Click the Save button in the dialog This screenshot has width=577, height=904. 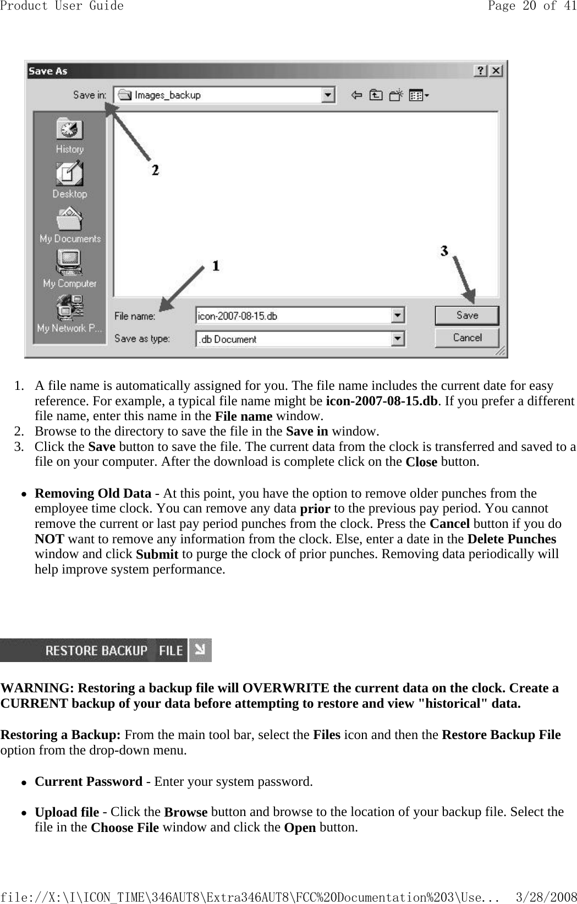466,316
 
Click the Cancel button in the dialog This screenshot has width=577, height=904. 466,338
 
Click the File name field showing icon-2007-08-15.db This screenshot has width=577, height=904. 293,316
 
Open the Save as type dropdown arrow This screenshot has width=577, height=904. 398,339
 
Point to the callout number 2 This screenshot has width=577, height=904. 156,170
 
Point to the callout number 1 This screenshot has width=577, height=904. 216,266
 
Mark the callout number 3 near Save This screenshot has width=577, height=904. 444,251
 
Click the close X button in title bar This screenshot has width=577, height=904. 496,71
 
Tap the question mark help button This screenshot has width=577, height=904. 481,71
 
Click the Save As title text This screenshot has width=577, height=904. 48,71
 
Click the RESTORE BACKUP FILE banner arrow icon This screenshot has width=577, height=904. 200,651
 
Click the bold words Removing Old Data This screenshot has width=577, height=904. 93,493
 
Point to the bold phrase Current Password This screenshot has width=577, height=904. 89,781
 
